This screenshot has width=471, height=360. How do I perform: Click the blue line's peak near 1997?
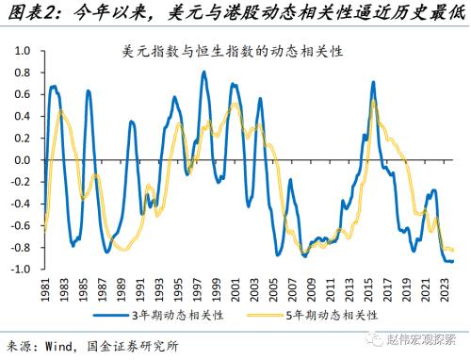tap(203, 73)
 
